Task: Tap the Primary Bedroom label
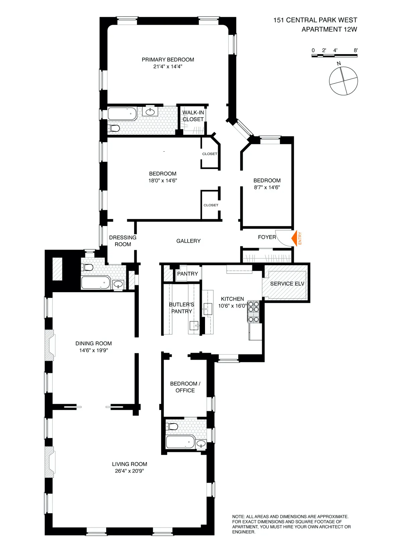[168, 60]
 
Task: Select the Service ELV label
[287, 284]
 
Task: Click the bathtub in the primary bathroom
[122, 114]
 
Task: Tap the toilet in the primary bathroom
[114, 128]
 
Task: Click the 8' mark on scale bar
[355, 51]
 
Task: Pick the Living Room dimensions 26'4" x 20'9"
[129, 471]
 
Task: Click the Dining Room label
[93, 343]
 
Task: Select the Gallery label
[188, 241]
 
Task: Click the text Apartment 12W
[329, 29]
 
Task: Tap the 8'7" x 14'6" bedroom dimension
[267, 187]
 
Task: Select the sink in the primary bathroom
[150, 111]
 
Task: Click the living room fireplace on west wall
[49, 462]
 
